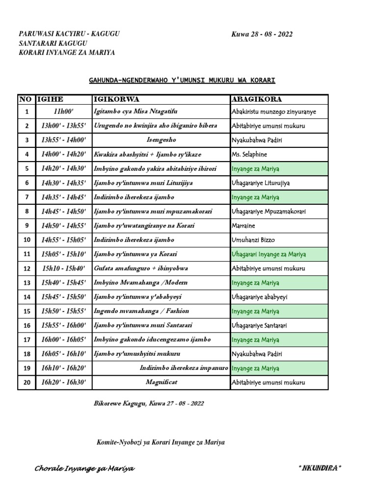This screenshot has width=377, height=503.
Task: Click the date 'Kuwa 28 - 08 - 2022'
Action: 262,34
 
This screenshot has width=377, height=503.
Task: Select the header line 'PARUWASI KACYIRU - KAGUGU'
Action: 69,34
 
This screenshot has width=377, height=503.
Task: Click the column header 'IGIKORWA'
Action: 116,100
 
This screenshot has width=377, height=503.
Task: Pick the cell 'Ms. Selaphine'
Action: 250,154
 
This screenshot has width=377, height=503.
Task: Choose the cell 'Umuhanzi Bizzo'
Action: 253,240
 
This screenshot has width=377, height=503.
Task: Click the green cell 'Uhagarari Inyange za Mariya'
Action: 269,254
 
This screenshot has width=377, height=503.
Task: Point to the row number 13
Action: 27,282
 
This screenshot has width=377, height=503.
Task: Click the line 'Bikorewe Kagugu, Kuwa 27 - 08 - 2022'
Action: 148,403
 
